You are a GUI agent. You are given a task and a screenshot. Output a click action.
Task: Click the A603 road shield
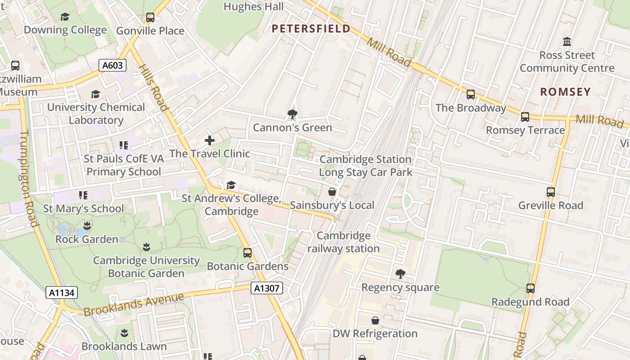point(112,65)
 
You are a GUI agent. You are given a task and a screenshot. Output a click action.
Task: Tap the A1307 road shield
point(266,288)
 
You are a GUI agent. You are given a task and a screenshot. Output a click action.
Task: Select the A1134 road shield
point(62,292)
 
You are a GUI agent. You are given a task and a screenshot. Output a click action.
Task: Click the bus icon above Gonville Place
point(150,18)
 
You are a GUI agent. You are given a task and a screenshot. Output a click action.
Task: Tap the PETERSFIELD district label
point(311,29)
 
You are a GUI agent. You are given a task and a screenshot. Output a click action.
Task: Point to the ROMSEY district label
point(565,92)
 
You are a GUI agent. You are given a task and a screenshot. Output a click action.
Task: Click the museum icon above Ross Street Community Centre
point(567,42)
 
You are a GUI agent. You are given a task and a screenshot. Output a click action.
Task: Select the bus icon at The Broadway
point(471,94)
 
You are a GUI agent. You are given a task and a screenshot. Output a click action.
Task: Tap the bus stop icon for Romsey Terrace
point(525,117)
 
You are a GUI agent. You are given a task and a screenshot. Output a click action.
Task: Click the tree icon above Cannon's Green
point(292,114)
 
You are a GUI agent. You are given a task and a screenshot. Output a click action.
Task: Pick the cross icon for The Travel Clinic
point(210,140)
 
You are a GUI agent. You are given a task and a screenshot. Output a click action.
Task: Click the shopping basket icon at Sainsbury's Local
point(332,192)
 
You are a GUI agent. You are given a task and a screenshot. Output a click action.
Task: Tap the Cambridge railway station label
point(343,242)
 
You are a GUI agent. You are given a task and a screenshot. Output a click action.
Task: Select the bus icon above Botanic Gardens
point(247,253)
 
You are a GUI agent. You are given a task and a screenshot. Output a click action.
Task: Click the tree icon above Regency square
point(400,274)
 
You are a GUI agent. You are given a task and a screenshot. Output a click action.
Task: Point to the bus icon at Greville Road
point(551,192)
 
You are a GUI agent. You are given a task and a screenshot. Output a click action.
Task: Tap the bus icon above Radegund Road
point(531,288)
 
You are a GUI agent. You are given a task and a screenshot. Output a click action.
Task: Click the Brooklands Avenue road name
point(134,305)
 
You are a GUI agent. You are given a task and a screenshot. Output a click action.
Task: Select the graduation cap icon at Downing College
point(65,17)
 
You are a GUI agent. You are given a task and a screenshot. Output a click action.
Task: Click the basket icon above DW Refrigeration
point(375,320)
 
